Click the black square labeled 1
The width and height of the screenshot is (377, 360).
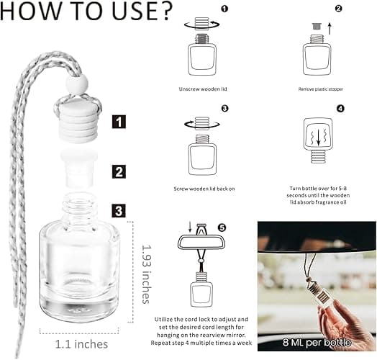click(x=119, y=122)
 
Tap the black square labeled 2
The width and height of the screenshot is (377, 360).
click(x=119, y=172)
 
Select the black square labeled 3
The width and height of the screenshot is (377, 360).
click(x=119, y=211)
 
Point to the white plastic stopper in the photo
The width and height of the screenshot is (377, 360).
click(x=79, y=168)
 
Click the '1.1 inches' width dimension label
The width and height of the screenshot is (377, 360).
click(x=81, y=344)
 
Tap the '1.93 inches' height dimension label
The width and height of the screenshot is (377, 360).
click(x=146, y=274)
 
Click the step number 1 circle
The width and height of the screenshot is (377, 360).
click(x=224, y=9)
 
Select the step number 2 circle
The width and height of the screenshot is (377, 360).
click(x=338, y=9)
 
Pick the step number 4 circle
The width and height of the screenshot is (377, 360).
click(x=341, y=109)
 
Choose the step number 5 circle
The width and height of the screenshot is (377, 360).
click(x=222, y=228)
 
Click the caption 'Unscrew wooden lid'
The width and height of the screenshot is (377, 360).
click(x=203, y=89)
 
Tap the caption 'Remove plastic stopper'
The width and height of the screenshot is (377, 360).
click(x=320, y=89)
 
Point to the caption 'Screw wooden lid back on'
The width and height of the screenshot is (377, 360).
click(x=204, y=189)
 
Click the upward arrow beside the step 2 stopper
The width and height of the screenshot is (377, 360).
click(x=330, y=28)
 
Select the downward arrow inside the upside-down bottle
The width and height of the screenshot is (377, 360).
click(x=318, y=138)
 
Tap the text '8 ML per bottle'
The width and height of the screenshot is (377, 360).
click(x=317, y=342)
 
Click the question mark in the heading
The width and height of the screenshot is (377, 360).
click(x=163, y=12)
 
